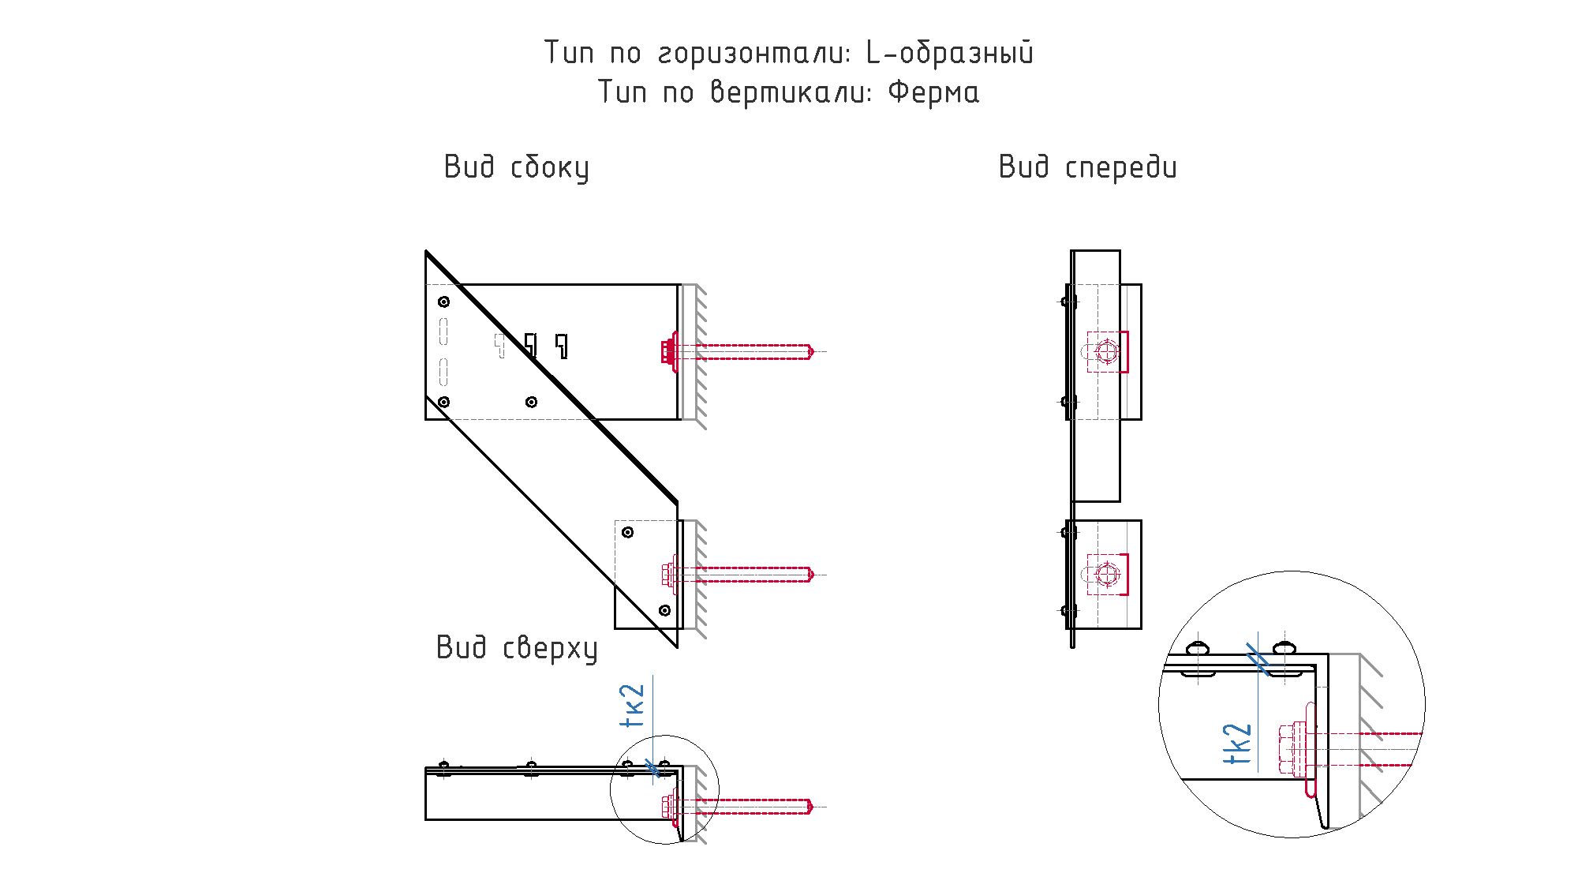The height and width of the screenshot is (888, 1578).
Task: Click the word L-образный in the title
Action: [950, 53]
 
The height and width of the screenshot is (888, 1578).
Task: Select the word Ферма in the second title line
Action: [934, 92]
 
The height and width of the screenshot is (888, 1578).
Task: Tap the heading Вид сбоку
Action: [517, 168]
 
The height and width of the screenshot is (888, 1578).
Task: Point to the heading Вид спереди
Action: [1088, 167]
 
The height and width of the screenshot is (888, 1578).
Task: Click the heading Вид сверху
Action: [518, 648]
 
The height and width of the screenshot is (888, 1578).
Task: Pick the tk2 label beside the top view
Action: [633, 706]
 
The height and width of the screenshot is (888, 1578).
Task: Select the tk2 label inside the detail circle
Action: [1237, 744]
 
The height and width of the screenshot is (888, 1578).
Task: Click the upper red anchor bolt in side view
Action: [738, 351]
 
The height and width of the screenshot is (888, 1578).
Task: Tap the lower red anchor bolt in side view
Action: [738, 574]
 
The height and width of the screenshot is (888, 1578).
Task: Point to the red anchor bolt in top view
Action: [738, 807]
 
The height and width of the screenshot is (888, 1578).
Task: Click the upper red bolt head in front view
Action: [1108, 351]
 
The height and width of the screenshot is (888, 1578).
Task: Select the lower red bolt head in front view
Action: [1108, 575]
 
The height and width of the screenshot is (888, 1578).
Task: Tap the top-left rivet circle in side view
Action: [444, 302]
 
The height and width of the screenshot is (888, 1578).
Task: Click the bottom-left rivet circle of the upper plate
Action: [444, 402]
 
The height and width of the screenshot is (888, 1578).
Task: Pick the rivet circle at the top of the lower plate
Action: [628, 532]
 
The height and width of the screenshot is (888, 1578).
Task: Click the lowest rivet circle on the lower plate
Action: [665, 610]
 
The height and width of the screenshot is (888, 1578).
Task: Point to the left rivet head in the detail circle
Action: [1198, 649]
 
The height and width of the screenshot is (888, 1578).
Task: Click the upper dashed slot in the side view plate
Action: [443, 331]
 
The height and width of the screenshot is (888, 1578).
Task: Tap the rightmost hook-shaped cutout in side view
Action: [562, 346]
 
